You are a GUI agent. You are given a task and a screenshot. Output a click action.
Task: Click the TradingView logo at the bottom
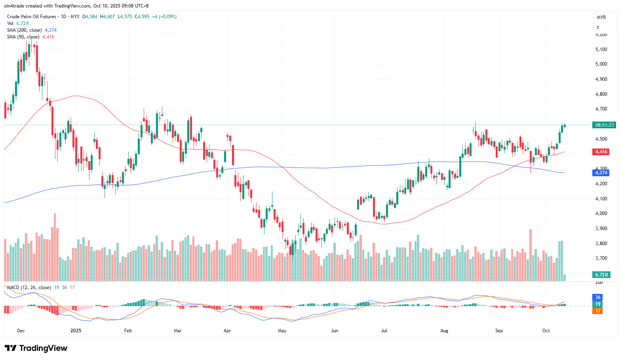pyautogui.click(x=36, y=348)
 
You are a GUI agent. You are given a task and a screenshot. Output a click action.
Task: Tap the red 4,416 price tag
pyautogui.click(x=601, y=152)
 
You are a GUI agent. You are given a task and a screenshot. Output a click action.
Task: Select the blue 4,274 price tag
pyautogui.click(x=601, y=173)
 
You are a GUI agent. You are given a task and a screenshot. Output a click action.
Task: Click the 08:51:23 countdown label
pyautogui.click(x=604, y=125)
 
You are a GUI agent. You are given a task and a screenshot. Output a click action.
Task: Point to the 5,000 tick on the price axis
pyautogui.click(x=601, y=64)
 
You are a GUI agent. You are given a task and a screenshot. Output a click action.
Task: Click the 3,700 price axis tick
pyautogui.click(x=601, y=258)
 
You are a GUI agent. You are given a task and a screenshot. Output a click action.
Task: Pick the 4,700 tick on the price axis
pyautogui.click(x=601, y=109)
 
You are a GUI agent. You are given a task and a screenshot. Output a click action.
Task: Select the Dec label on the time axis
pyautogui.click(x=21, y=331)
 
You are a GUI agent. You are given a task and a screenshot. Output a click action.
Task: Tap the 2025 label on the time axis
pyautogui.click(x=76, y=331)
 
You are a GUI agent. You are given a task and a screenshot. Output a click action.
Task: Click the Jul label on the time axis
pyautogui.click(x=384, y=331)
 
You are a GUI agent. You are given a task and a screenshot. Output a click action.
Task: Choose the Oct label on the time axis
pyautogui.click(x=546, y=331)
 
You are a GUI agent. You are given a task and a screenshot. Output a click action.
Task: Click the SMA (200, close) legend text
pyautogui.click(x=24, y=30)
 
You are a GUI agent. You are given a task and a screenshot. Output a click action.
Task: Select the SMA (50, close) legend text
pyautogui.click(x=23, y=37)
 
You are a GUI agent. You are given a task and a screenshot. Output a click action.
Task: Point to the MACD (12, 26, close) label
pyautogui.click(x=29, y=288)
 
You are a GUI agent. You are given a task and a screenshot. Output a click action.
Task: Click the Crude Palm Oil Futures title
pyautogui.click(x=32, y=17)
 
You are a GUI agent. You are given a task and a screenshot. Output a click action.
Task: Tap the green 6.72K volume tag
pyautogui.click(x=601, y=275)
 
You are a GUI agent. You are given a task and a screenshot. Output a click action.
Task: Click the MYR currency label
pyautogui.click(x=601, y=17)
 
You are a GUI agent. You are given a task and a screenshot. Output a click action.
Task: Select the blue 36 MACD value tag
pyautogui.click(x=597, y=297)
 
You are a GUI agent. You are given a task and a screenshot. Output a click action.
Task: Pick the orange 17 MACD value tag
pyautogui.click(x=597, y=311)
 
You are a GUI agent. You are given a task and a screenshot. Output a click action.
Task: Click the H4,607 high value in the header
pyautogui.click(x=107, y=17)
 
